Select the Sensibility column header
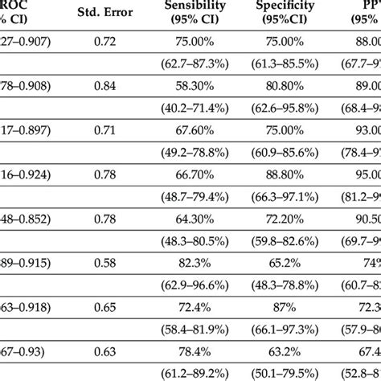(190, 12)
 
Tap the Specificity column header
(285, 12)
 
